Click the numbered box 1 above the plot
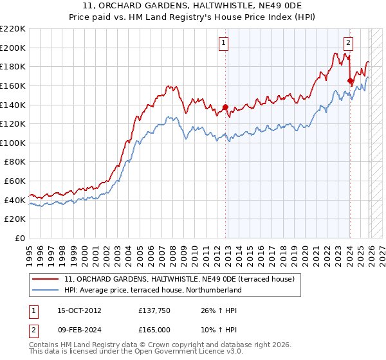pyautogui.click(x=223, y=43)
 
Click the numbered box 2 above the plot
pyautogui.click(x=348, y=43)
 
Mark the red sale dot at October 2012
pyautogui.click(x=225, y=107)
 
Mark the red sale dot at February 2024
pyautogui.click(x=350, y=81)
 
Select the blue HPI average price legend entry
pyautogui.click(x=152, y=290)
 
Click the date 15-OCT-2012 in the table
pyautogui.click(x=78, y=310)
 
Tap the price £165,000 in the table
pyautogui.click(x=154, y=330)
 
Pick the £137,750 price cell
pyautogui.click(x=154, y=310)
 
